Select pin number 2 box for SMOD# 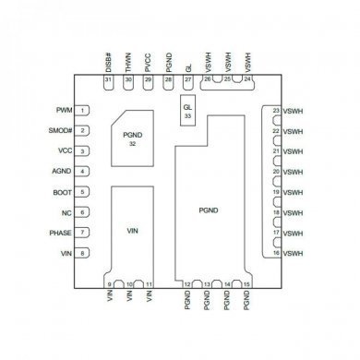pos(83,130)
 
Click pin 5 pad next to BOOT pos(83,192)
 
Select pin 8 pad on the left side pos(83,253)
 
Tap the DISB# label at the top pos(108,62)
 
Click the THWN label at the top pos(128,63)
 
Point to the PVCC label pos(148,63)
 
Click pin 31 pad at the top pos(108,81)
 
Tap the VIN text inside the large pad pos(132,234)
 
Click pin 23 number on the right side pos(276,111)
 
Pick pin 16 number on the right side pos(276,253)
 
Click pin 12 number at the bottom pos(188,283)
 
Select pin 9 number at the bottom pos(110,283)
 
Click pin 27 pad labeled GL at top pos(188,81)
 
